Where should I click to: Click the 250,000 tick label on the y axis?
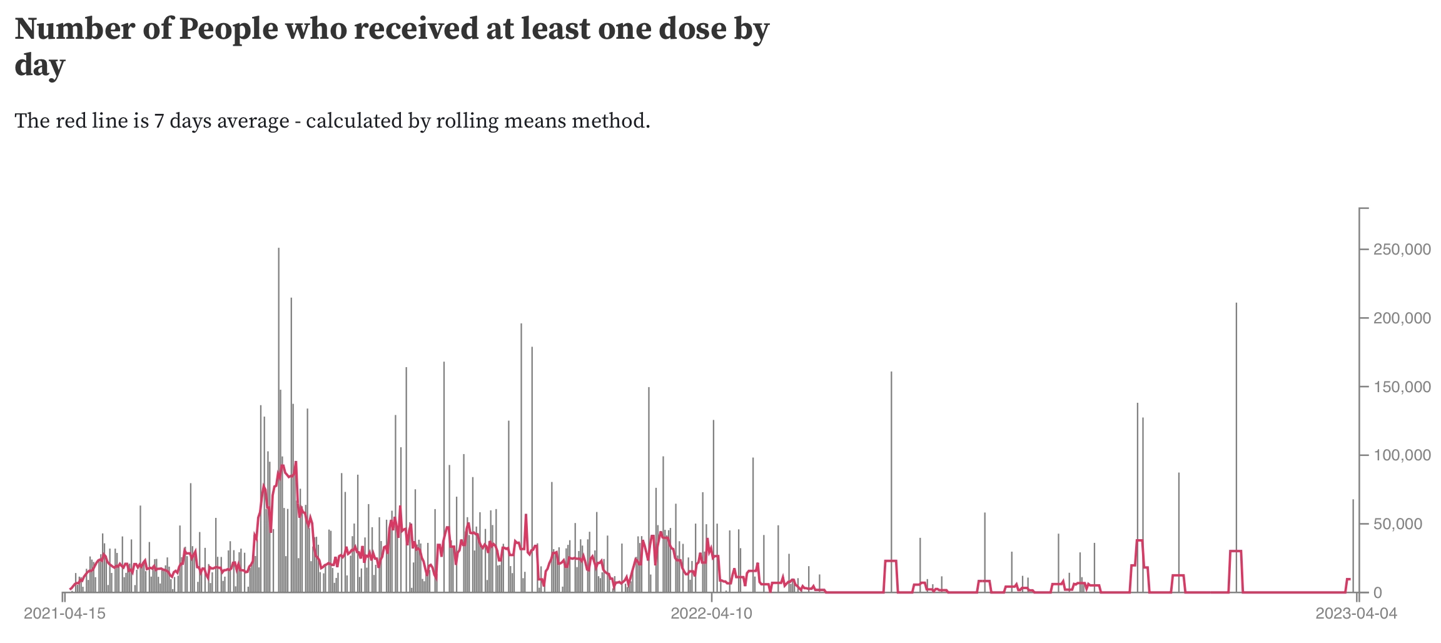tap(1402, 250)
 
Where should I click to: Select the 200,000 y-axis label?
tap(1402, 318)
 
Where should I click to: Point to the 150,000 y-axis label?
tap(1402, 387)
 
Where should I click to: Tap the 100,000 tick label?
tap(1402, 455)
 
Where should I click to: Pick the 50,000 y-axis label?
tap(1405, 524)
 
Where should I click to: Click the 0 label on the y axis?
tap(1377, 593)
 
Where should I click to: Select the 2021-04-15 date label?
tap(65, 614)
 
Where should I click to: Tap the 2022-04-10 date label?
tap(712, 614)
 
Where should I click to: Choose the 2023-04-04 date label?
tap(1356, 614)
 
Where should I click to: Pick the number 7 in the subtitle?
tap(159, 120)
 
